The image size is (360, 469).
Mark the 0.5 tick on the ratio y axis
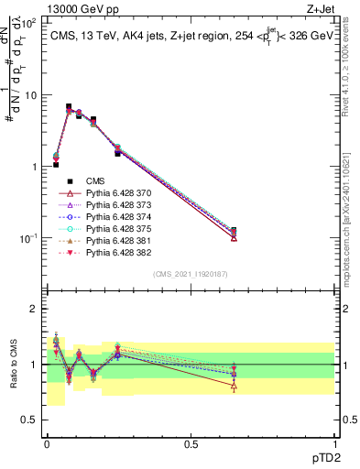pyautogui.click(x=28, y=420)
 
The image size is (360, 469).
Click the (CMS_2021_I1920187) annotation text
pyautogui.click(x=190, y=273)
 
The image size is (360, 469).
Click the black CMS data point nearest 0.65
pyautogui.click(x=234, y=232)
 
